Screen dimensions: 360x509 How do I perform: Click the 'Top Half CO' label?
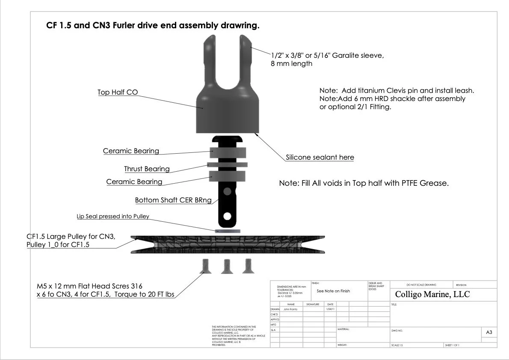point(118,92)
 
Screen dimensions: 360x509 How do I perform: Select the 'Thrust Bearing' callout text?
point(147,169)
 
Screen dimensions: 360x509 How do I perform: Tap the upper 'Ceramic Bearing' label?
point(131,151)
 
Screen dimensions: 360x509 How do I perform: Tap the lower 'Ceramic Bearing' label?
point(134,182)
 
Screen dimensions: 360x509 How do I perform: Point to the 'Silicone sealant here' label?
point(320,158)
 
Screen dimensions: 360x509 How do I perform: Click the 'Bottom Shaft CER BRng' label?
point(173,200)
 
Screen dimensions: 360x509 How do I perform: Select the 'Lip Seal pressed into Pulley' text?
point(113,217)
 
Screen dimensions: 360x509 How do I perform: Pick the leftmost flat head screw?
point(205,266)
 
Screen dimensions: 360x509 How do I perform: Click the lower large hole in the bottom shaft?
point(228,216)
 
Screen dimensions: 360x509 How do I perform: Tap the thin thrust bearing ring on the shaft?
point(228,164)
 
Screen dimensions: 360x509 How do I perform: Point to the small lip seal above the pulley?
point(227,231)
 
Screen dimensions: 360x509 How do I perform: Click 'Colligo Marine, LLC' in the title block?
point(432,295)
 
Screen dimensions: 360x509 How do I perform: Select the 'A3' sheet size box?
point(489,332)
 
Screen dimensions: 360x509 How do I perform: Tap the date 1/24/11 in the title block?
point(330,309)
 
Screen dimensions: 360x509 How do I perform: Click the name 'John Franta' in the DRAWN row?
point(291,309)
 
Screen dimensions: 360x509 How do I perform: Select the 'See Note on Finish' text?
point(333,291)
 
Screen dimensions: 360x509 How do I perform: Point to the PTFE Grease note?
point(364,183)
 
